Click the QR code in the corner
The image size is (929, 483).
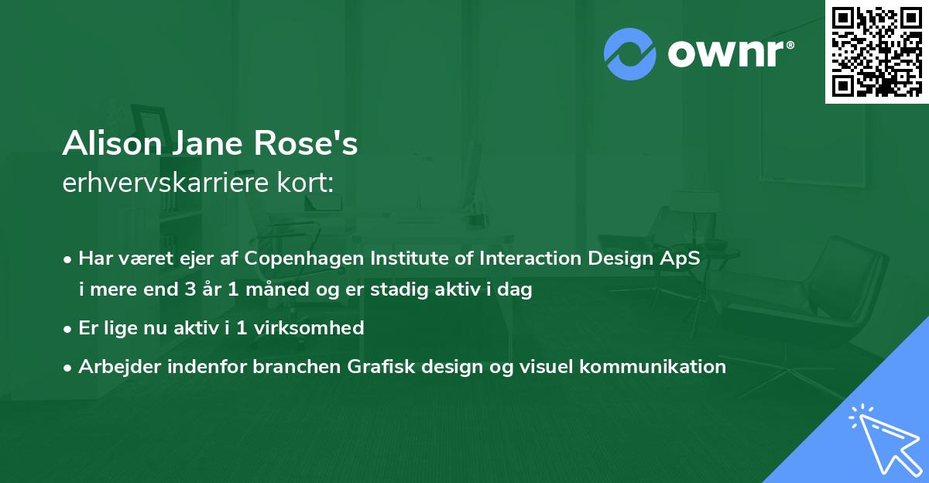876,52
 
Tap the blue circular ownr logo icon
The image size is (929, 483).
629,54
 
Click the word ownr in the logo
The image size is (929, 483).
726,54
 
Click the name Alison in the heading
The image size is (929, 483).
112,143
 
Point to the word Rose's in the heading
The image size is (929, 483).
306,143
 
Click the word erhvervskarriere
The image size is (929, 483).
166,182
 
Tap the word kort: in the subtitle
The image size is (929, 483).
305,182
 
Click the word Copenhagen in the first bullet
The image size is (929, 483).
304,259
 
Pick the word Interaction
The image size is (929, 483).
530,258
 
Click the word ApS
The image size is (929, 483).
680,259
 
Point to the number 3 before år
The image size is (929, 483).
190,289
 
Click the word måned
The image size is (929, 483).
277,289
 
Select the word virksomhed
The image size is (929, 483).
309,328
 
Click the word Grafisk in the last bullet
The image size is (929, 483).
381,366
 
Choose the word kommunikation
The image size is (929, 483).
653,366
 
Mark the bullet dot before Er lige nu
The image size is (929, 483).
67,330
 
